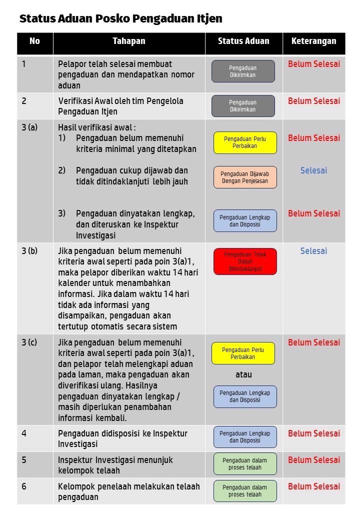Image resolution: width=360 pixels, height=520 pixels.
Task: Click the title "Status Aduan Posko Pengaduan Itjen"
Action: pos(120,19)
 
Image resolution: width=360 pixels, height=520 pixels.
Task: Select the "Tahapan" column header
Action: pos(129,41)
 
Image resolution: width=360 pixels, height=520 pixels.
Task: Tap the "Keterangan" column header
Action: pos(313,41)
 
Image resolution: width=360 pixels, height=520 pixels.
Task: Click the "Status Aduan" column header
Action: pos(243,41)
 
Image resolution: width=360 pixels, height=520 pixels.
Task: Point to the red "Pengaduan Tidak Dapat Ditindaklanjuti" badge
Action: pos(245,261)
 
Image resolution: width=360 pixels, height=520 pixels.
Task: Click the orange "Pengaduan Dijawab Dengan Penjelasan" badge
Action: pos(245,177)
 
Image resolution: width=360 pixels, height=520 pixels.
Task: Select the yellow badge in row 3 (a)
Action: pos(245,142)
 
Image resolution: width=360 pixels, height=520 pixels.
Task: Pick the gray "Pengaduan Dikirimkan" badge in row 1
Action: pos(243,71)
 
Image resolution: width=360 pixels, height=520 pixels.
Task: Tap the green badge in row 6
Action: pos(245,491)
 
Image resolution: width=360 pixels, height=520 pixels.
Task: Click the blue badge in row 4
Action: pos(245,437)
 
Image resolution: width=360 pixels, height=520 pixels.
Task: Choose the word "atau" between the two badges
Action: pos(243,374)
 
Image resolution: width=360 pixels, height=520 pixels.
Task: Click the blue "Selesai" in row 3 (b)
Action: pos(313,251)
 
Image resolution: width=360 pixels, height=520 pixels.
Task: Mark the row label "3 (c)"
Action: pos(29,342)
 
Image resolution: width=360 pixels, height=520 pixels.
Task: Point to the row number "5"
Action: pos(24,460)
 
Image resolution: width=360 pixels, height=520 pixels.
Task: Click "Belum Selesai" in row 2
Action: pos(313,101)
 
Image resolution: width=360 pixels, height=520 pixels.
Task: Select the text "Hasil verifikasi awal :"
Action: pos(97,127)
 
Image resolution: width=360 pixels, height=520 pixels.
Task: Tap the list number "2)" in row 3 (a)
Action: pos(62,170)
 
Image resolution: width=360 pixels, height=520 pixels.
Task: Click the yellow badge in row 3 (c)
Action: pos(243,353)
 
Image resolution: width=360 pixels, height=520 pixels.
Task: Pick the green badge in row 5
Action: pos(245,464)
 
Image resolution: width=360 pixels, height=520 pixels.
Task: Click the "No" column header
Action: pos(34,41)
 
